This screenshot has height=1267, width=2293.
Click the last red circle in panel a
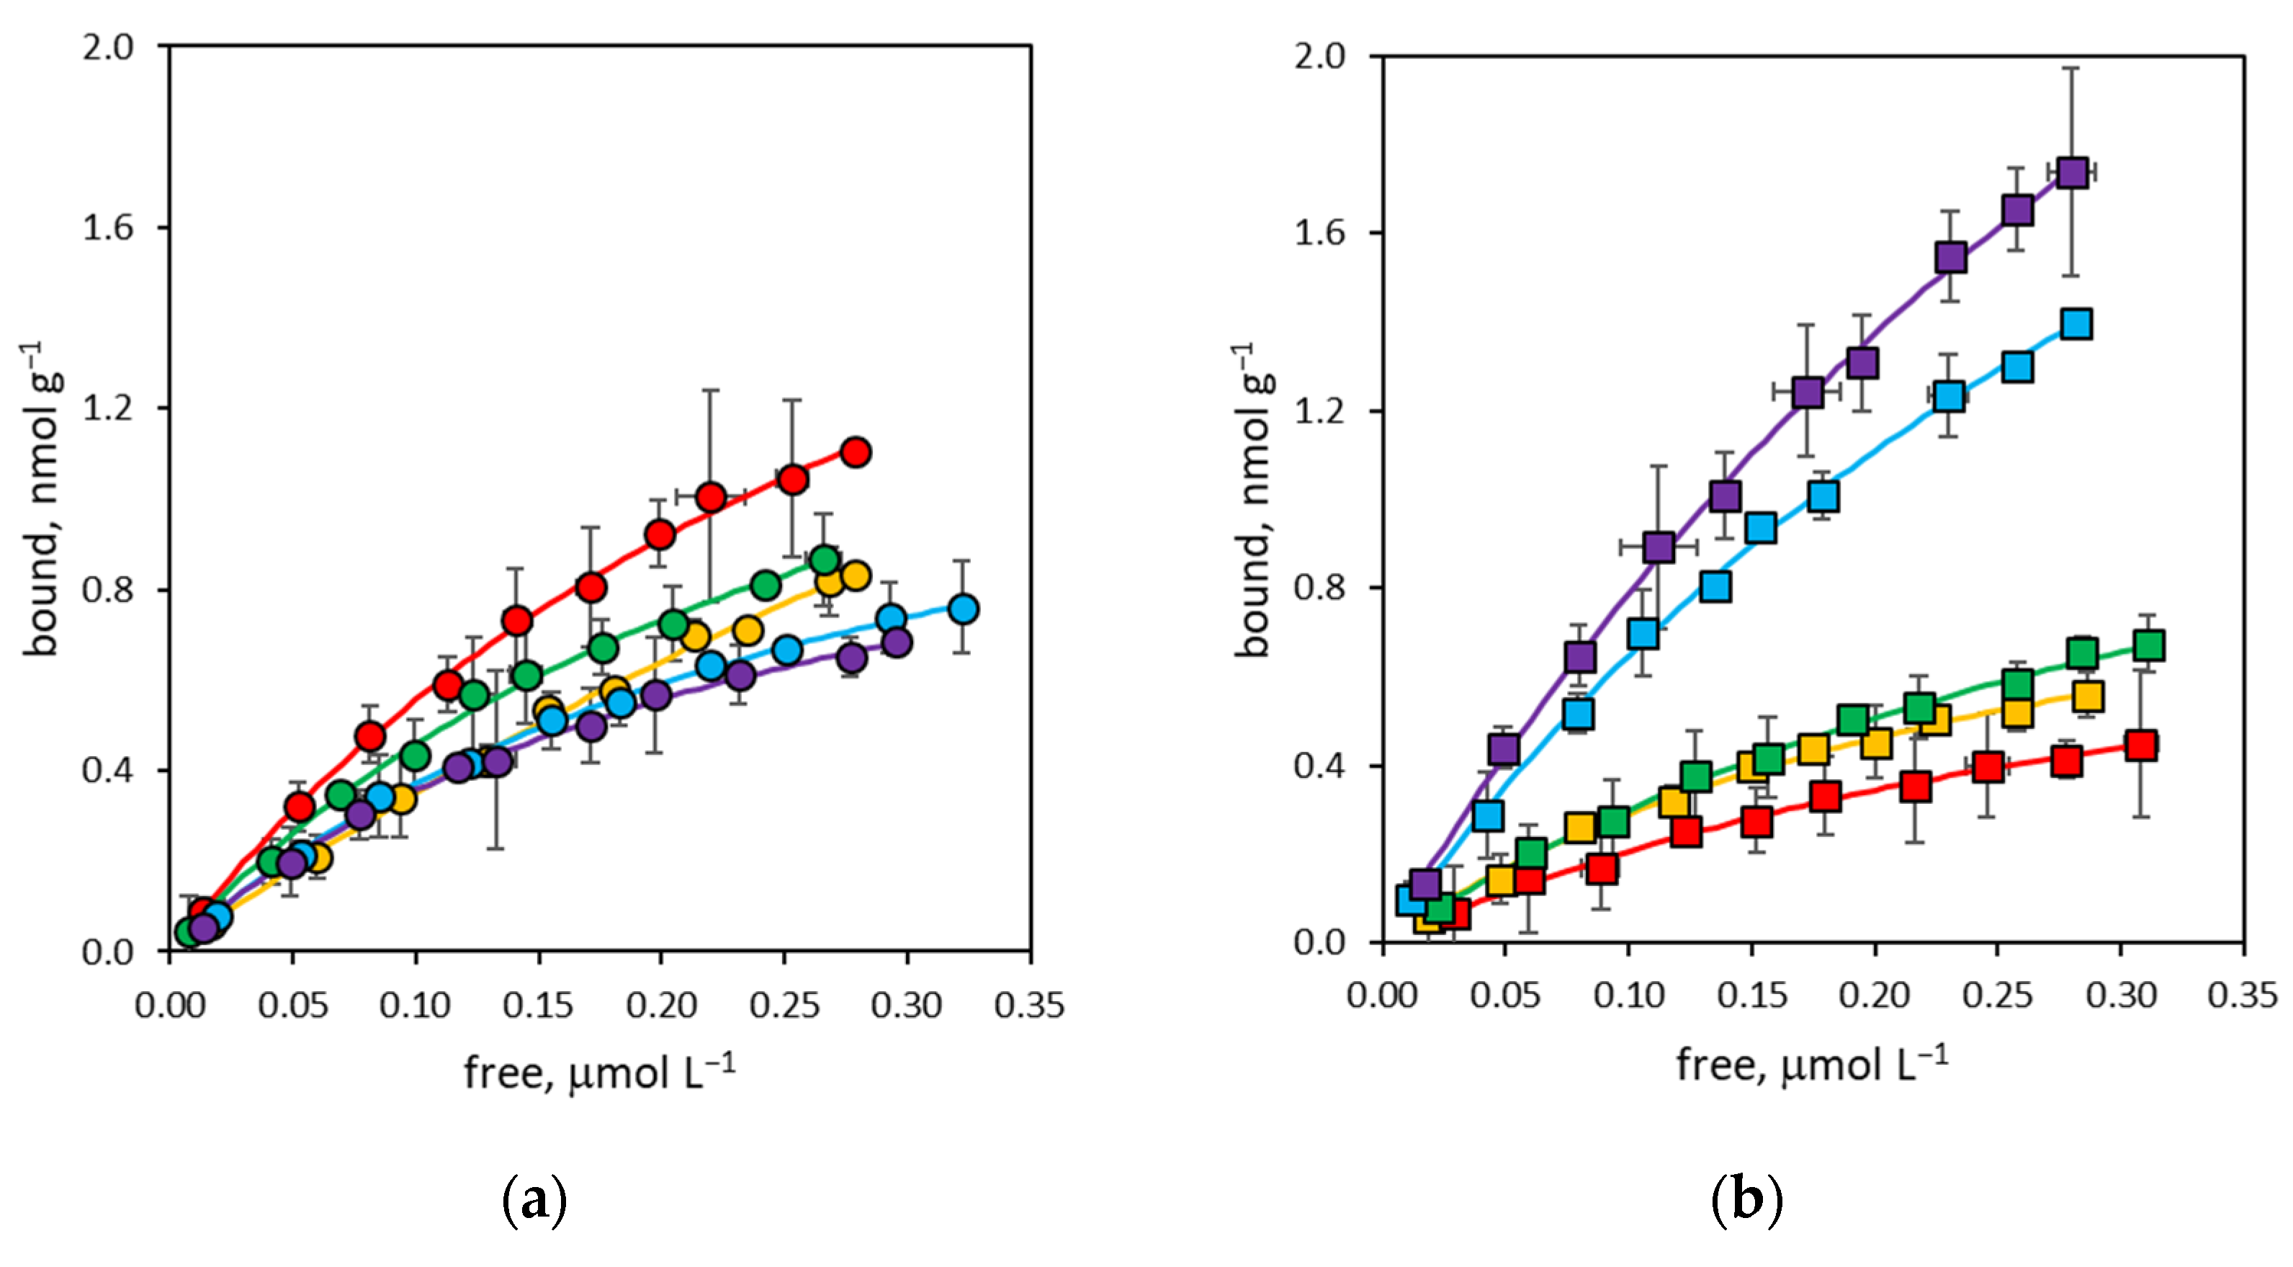click(x=856, y=452)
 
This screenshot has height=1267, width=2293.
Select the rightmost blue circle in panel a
click(x=963, y=610)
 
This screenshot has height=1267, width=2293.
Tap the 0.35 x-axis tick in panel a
click(x=1030, y=1006)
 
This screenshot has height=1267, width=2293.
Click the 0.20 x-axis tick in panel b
click(x=1875, y=995)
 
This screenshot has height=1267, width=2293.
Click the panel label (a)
click(x=535, y=1202)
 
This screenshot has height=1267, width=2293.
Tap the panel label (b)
click(x=1746, y=1202)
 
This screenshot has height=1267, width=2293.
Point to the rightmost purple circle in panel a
click(x=897, y=643)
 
